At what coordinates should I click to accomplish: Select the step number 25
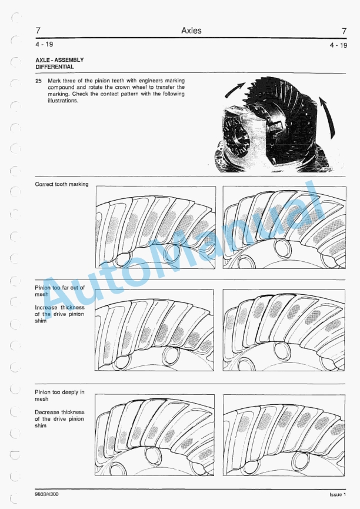pos(38,79)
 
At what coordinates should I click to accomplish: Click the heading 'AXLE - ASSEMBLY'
pos(59,60)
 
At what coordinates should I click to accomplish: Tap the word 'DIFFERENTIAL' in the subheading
pos(54,67)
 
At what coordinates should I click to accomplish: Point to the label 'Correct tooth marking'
pos(62,184)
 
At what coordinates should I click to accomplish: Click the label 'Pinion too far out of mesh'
pos(59,291)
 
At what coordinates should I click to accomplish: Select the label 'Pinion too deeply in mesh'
pos(59,395)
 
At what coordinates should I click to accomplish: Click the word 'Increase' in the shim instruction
pos(46,307)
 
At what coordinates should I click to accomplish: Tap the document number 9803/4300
pos(46,494)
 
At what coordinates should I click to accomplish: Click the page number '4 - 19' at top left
pos(45,44)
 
